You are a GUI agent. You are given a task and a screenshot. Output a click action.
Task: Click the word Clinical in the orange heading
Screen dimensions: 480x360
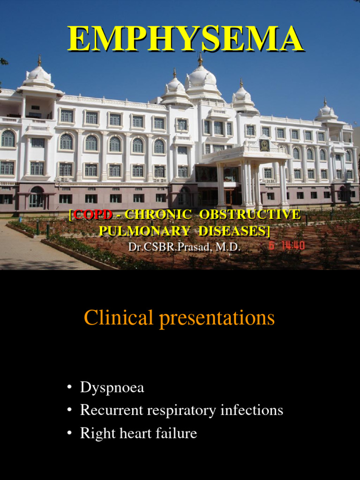(x=119, y=318)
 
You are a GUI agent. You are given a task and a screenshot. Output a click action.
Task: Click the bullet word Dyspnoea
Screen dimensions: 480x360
(x=112, y=388)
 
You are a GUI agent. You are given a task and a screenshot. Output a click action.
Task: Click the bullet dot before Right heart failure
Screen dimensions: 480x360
(x=69, y=434)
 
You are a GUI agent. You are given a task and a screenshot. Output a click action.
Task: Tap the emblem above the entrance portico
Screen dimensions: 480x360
(x=264, y=145)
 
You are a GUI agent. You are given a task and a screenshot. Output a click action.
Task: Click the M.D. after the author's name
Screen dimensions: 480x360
(x=228, y=247)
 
